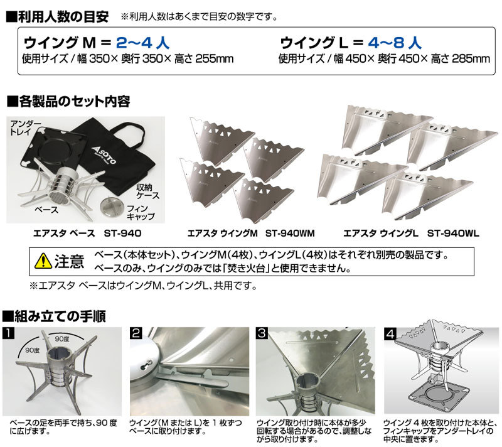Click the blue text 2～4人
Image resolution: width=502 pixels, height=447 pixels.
click(x=142, y=43)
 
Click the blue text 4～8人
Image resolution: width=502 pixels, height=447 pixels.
click(x=395, y=43)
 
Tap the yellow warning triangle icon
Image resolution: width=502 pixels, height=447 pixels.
click(x=43, y=261)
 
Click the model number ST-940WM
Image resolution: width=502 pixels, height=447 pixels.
click(x=290, y=233)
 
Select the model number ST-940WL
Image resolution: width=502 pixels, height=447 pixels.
click(x=453, y=233)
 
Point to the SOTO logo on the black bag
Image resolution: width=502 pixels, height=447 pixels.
click(x=104, y=156)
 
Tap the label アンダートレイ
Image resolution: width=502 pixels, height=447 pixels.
click(x=26, y=128)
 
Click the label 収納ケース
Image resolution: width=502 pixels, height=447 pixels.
click(x=147, y=191)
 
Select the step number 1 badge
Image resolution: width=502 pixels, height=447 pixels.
click(x=8, y=333)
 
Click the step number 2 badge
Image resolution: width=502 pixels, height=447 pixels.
click(x=136, y=333)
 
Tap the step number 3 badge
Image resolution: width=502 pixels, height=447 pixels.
click(x=262, y=333)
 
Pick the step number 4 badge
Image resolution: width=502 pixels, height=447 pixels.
click(x=390, y=334)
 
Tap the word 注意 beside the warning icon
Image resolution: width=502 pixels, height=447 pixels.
click(x=69, y=261)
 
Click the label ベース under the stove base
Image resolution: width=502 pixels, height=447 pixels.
click(x=46, y=210)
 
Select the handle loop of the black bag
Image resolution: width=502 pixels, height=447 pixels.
click(x=128, y=131)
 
